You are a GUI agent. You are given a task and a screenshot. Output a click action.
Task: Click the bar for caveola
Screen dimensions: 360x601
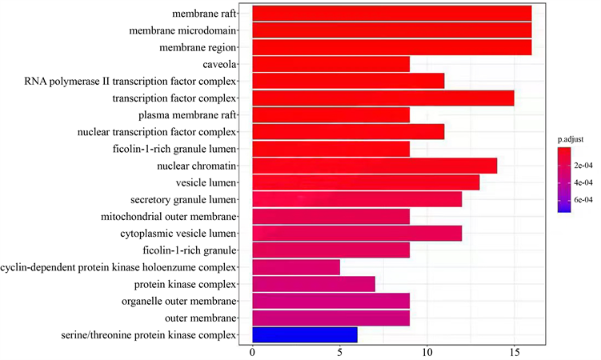point(331,64)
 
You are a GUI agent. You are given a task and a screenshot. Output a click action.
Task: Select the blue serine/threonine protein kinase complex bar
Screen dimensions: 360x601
point(304,335)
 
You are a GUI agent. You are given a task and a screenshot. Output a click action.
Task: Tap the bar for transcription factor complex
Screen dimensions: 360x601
point(383,98)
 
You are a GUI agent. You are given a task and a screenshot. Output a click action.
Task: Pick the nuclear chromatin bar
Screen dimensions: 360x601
point(375,166)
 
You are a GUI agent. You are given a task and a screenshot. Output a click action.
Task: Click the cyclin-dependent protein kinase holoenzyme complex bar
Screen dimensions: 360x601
point(296,267)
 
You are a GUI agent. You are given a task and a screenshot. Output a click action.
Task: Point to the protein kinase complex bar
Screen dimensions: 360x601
point(313,284)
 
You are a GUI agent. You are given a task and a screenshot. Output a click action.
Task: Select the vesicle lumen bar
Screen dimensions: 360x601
point(366,182)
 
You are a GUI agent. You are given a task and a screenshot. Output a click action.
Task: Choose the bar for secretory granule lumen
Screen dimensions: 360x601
point(357,199)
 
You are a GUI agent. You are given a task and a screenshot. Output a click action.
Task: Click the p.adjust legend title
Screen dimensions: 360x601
point(570,139)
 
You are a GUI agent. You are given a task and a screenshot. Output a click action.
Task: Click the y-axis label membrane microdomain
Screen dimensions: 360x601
point(182,30)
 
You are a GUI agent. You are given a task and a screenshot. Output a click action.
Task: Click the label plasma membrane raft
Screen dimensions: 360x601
point(187,115)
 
